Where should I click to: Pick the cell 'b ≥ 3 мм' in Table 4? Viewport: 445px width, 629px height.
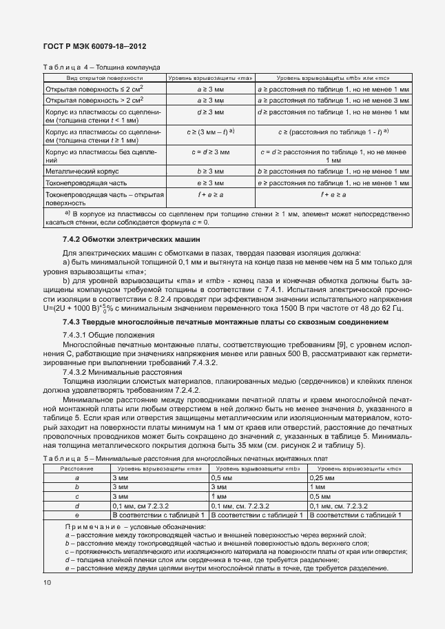pyautogui.click(x=210, y=171)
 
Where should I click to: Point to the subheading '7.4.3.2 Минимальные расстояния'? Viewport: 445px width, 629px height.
pyautogui.click(x=112, y=371)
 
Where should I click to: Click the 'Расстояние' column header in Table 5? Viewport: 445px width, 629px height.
pyautogui.click(x=76, y=468)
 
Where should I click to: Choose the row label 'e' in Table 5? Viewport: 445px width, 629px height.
pyautogui.click(x=76, y=514)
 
